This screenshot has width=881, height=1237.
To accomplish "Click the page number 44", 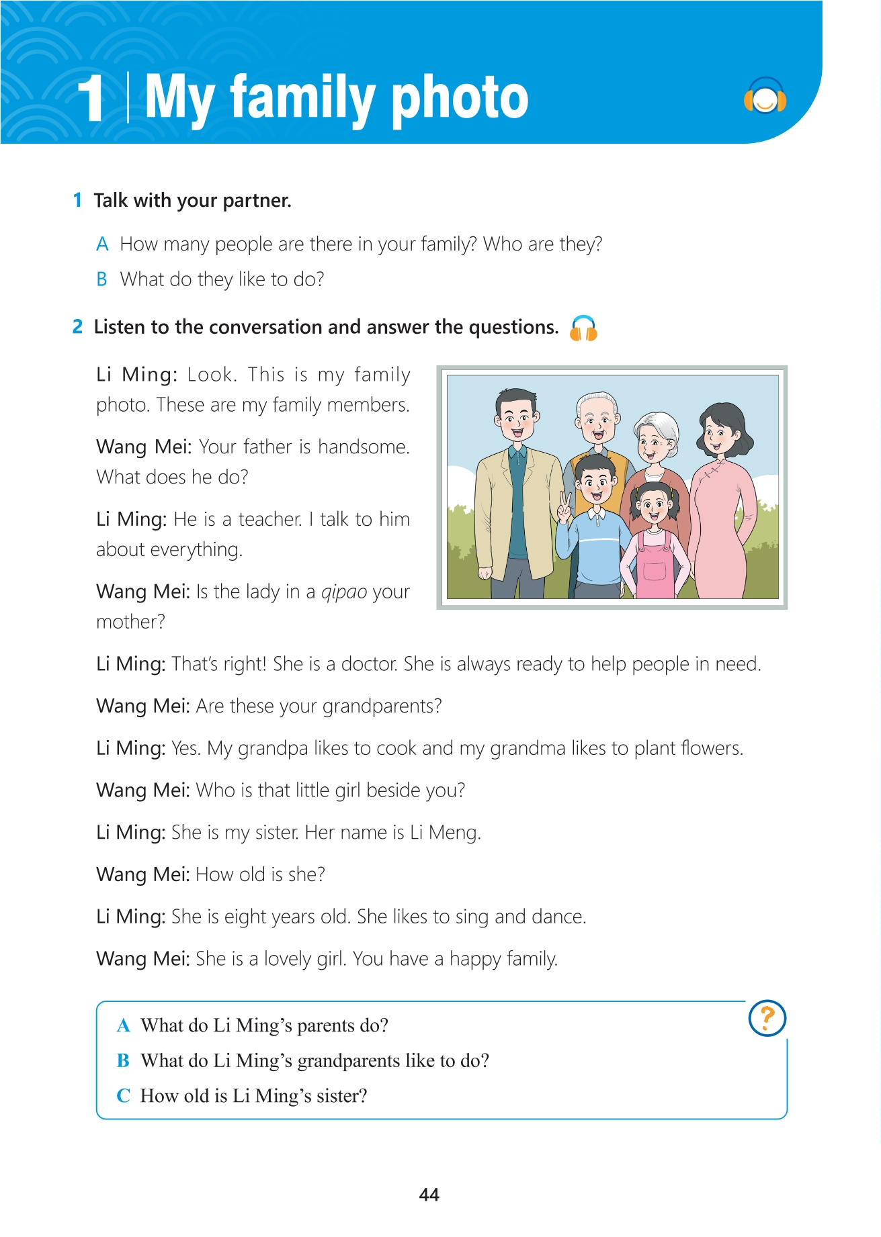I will point(429,1194).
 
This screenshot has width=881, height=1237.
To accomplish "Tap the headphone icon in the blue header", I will point(765,97).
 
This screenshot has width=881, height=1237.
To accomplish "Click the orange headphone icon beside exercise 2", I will point(583,328).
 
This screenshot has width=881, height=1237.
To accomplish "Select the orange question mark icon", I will point(767,1018).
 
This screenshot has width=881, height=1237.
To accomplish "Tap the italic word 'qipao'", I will point(344,592).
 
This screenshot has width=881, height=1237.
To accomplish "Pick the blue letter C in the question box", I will point(123,1096).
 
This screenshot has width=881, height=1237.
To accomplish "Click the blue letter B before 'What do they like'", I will point(102,279).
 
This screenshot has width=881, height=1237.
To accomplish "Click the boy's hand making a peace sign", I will point(564,507).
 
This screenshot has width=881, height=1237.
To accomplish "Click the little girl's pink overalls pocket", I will point(654,571).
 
